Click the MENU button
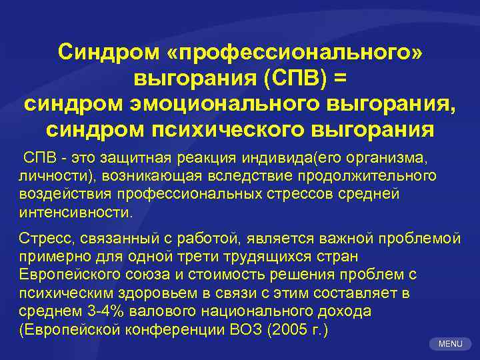click(450, 343)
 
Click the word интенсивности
click(75, 213)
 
